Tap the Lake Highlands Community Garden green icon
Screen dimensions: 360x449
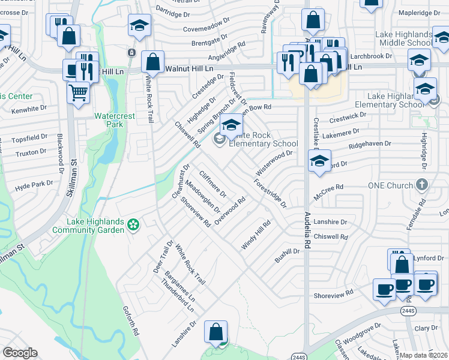(x=134, y=226)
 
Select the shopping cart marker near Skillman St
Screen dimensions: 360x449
(x=78, y=93)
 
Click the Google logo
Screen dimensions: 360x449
(x=20, y=353)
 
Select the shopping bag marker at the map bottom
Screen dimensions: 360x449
(x=215, y=331)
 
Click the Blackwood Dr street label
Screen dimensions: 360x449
(x=60, y=162)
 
